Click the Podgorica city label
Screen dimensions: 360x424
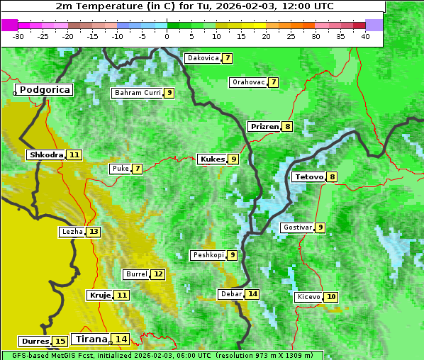pyautogui.click(x=44, y=90)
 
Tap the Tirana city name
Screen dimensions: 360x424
pyautogui.click(x=90, y=339)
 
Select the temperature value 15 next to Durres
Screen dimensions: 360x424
pyautogui.click(x=60, y=342)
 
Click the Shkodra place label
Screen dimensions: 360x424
pyautogui.click(x=46, y=154)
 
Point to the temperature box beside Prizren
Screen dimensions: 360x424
pyautogui.click(x=286, y=127)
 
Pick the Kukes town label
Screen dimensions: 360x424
pyautogui.click(x=212, y=159)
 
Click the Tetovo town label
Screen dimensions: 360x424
pyautogui.click(x=308, y=176)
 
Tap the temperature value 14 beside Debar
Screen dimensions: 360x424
pyautogui.click(x=252, y=294)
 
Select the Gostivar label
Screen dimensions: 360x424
pyautogui.click(x=296, y=227)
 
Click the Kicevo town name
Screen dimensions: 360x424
pyautogui.click(x=308, y=297)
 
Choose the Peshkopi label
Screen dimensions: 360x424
pyautogui.click(x=208, y=255)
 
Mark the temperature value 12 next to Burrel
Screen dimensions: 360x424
pyautogui.click(x=157, y=274)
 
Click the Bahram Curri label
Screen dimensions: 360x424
pyautogui.click(x=138, y=93)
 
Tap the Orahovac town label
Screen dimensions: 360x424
pyautogui.click(x=248, y=82)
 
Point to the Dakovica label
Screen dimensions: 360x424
pyautogui.click(x=202, y=58)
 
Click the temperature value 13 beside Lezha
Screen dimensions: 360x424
pyautogui.click(x=94, y=232)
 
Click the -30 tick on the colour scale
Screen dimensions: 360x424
pyautogui.click(x=18, y=36)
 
